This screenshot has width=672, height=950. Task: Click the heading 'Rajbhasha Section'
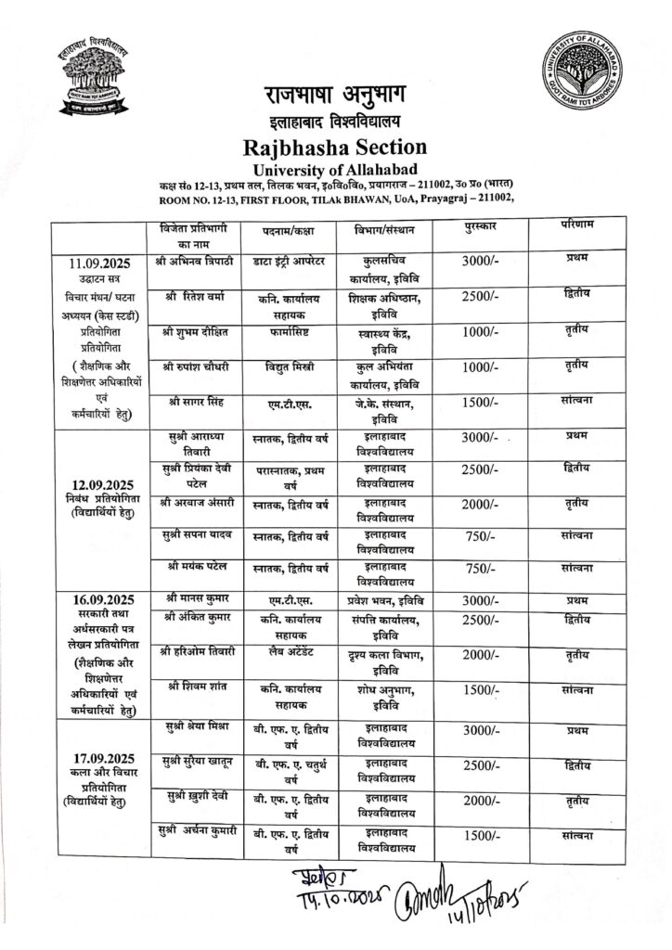pyautogui.click(x=334, y=147)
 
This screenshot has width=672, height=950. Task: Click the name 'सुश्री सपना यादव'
pyautogui.click(x=195, y=535)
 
